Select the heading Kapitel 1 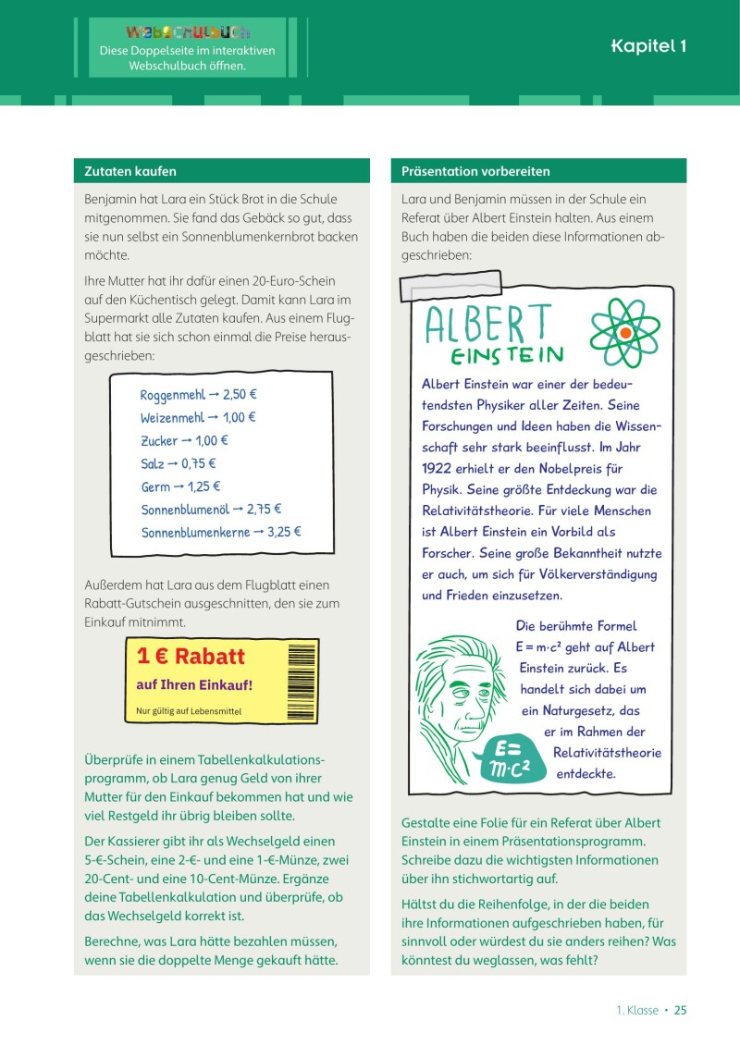648,47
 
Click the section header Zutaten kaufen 130,171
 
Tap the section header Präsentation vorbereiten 475,171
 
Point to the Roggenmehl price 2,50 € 240,395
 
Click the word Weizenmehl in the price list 172,418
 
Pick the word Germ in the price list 155,486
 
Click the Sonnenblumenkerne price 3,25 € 284,532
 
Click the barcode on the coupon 302,679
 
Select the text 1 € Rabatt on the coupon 191,657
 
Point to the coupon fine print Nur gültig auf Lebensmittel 188,710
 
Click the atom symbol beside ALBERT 625,332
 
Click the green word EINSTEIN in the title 508,356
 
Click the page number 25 680,1010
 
